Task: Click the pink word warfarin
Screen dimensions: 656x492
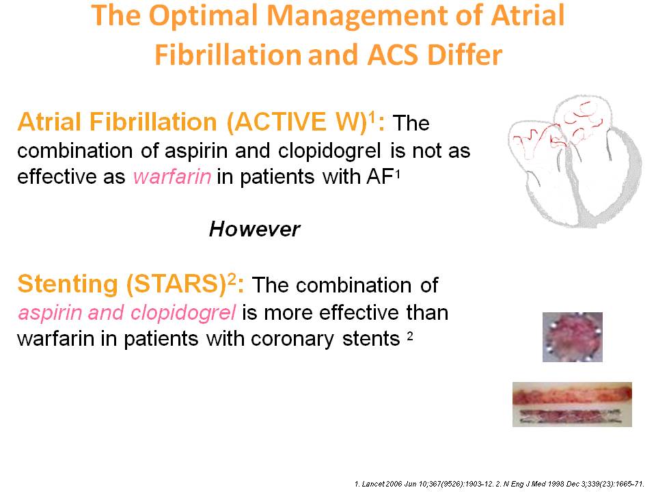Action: [x=172, y=177]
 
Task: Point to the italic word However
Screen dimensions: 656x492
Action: [x=254, y=230]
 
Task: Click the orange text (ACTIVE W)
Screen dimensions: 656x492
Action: [x=297, y=122]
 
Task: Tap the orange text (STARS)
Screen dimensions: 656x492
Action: [x=176, y=284]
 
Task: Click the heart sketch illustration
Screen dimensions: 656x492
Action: [x=575, y=161]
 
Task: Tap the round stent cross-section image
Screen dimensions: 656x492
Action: [x=573, y=337]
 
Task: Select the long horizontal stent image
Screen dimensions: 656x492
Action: [x=572, y=405]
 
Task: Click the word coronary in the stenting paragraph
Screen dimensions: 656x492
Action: [x=292, y=340]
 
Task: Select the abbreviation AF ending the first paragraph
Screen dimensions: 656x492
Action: [x=381, y=176]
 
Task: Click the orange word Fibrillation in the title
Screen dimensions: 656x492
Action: [x=228, y=55]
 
